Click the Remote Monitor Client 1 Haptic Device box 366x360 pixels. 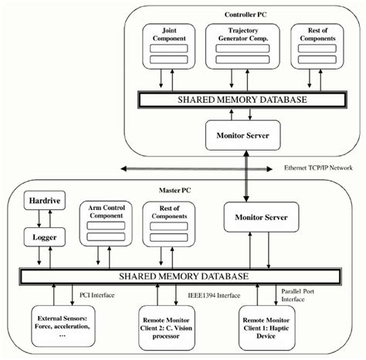[x=265, y=324]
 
